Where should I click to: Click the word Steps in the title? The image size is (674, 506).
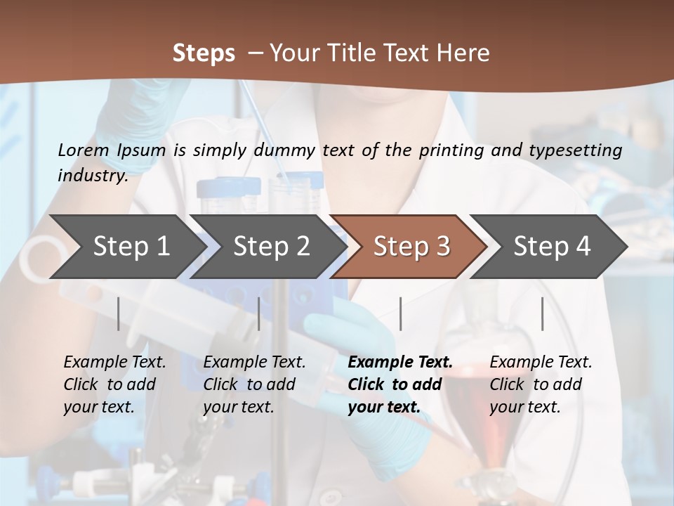coord(204,53)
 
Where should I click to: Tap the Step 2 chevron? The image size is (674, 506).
coord(271,247)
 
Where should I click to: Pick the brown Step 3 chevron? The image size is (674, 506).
coord(411,247)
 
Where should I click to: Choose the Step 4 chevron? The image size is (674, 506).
coord(552,247)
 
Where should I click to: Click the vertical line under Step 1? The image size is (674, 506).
coord(118,313)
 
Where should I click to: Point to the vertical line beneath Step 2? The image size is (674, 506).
coord(259,313)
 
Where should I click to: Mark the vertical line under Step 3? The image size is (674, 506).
coord(400,313)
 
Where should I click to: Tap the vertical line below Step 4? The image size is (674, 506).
coord(542,313)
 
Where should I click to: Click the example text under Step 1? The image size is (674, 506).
coord(114,384)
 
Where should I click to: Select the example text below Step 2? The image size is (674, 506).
coord(254,384)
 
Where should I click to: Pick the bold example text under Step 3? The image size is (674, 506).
coord(399,384)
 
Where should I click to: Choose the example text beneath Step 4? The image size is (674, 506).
coord(541,384)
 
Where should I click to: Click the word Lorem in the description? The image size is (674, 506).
coord(83,150)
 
